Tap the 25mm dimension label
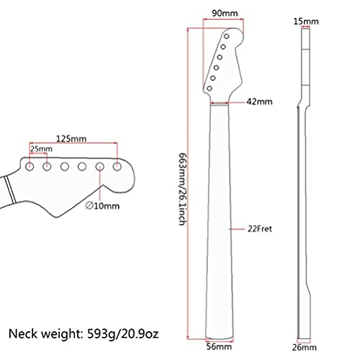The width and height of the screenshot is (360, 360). [x=40, y=149]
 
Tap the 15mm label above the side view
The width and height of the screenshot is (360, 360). [x=307, y=22]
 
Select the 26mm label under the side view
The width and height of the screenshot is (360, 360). [x=307, y=346]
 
